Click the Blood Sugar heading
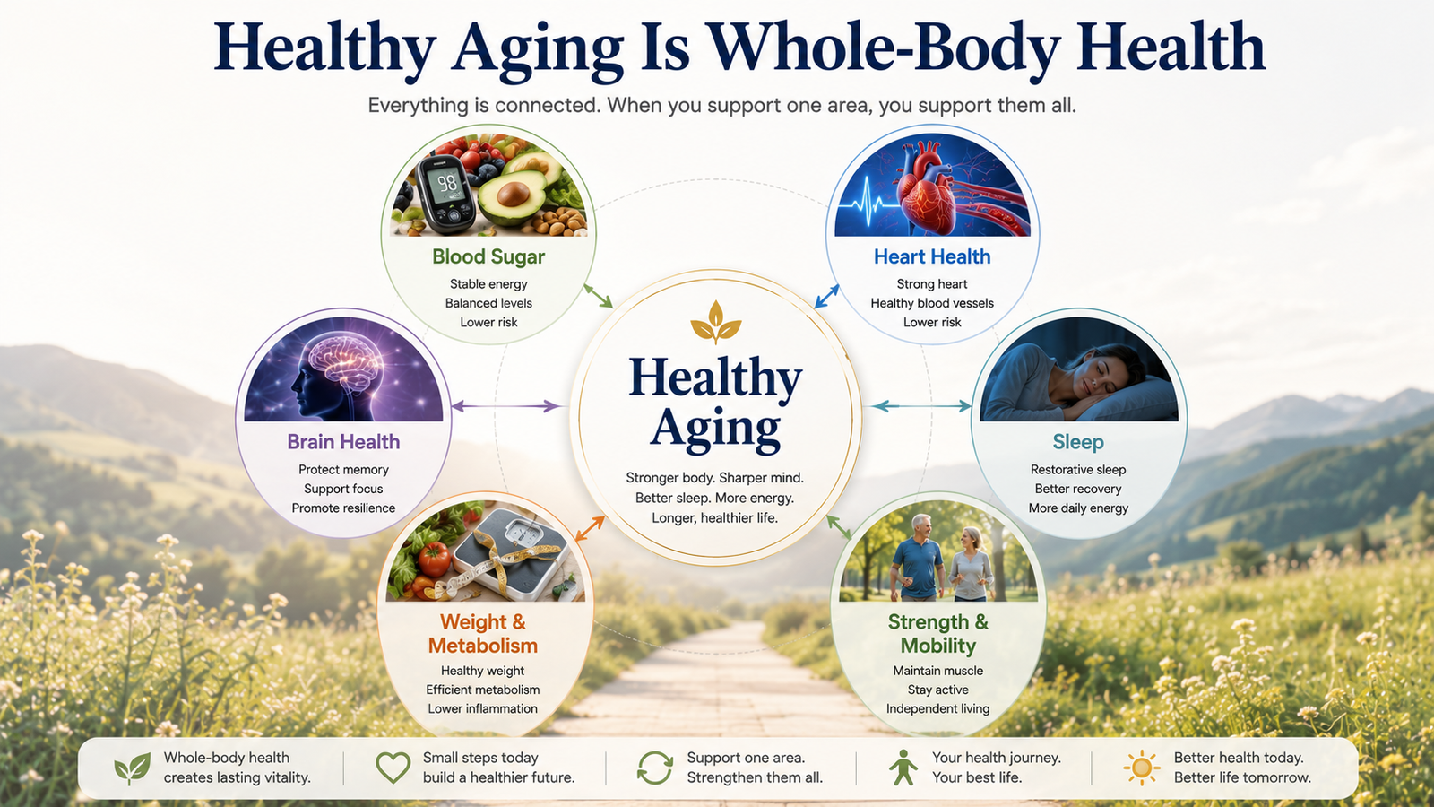coord(488,256)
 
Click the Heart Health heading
coord(932,256)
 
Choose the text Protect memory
coord(344,470)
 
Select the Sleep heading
coord(1078,442)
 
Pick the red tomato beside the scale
coord(434,560)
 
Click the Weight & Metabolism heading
coord(483,633)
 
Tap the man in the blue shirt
coord(918,557)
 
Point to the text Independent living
coord(937,709)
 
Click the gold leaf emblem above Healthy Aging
coord(716,321)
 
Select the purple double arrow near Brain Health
coord(505,405)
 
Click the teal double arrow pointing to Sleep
coord(922,405)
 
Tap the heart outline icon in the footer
coord(393,767)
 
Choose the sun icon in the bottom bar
coord(1141,768)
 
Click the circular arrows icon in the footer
coord(655,768)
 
